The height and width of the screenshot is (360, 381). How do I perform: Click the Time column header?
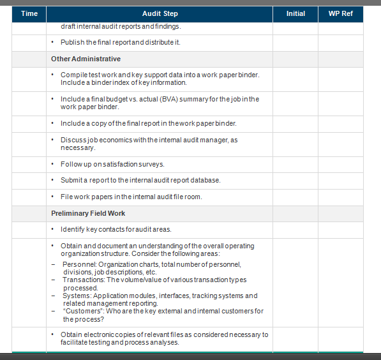(29, 13)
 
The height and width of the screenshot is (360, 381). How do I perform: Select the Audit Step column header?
(160, 13)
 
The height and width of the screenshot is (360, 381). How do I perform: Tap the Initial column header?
(295, 13)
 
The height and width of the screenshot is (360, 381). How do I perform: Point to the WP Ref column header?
(340, 13)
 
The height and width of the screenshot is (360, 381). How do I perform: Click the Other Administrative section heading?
(86, 59)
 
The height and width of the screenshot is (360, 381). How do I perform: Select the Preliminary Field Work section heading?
(88, 213)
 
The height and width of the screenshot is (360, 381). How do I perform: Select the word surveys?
(151, 164)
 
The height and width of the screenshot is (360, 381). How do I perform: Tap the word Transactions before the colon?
(83, 280)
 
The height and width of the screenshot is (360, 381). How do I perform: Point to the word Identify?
(72, 229)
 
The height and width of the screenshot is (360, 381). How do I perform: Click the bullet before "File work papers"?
(54, 197)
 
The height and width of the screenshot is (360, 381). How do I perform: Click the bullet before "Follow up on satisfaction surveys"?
(54, 164)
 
